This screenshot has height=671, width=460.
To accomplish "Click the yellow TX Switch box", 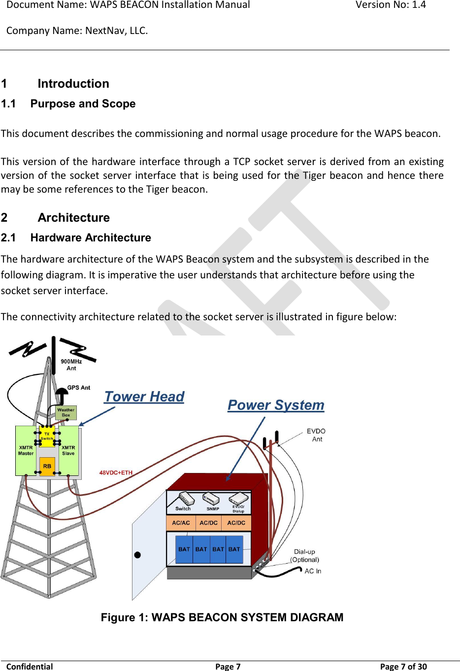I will coord(47,436).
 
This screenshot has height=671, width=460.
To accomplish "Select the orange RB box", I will coord(47,466).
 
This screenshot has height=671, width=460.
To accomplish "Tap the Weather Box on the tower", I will coord(66,412).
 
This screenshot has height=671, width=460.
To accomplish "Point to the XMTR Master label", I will coord(26,450).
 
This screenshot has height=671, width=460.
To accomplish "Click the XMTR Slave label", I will coord(68,450).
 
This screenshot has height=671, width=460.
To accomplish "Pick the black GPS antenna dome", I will coord(61,393).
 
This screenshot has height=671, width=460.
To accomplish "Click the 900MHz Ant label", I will coord(71,365).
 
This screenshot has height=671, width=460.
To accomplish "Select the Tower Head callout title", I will coord(144,397).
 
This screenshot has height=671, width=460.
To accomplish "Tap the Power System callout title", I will coord(276,405).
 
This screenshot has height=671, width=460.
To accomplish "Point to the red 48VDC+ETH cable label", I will coord(116,472).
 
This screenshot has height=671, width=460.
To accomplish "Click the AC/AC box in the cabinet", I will coord(181,523).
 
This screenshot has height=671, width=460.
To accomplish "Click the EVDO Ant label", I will coord(316,435).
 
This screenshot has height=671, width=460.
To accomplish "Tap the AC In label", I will coord(313,571).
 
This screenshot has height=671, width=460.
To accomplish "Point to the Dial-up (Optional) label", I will coord(305,556).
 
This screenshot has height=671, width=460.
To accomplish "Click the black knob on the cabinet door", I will coord(137,555).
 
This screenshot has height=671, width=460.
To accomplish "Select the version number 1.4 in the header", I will coord(419,5).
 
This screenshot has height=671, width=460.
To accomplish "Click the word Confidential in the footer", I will coord(30,667).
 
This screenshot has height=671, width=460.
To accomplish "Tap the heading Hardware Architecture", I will coord(91,237).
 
